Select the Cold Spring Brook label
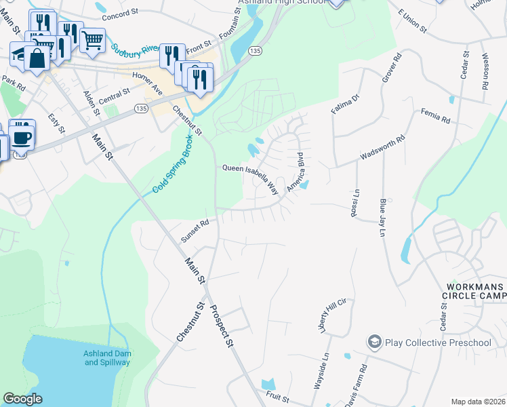(173, 162)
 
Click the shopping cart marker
(92, 39)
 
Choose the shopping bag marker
(39, 59)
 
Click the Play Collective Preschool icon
(374, 343)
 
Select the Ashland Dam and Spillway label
(107, 358)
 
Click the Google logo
(23, 399)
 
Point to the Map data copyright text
(477, 402)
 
